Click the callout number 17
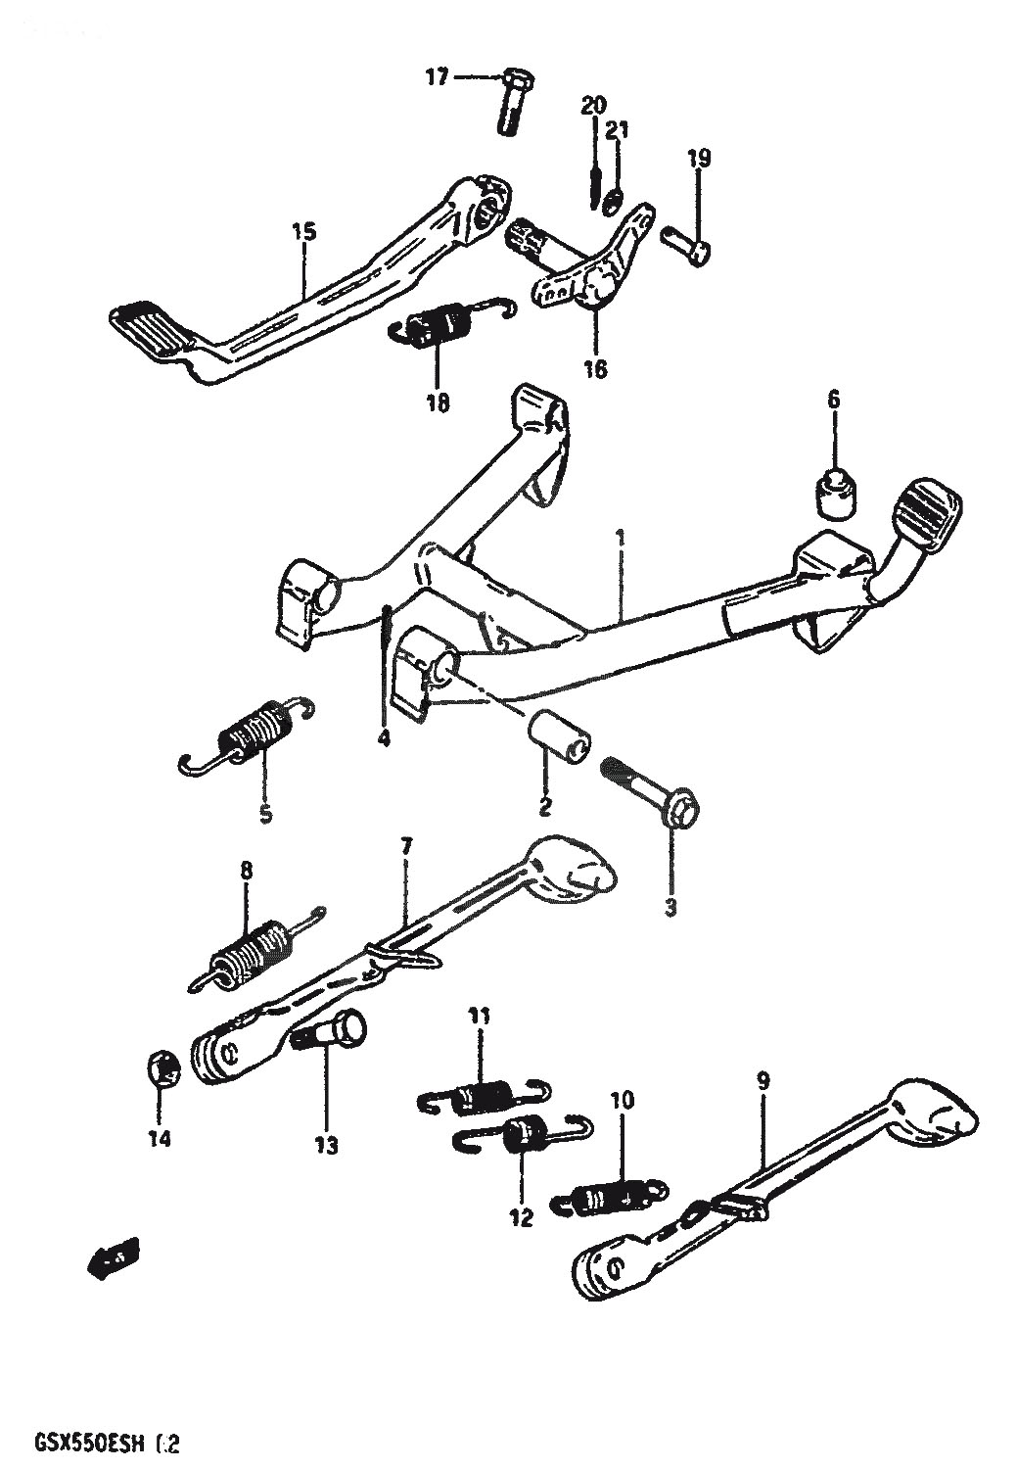pyautogui.click(x=436, y=75)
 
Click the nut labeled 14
pyautogui.click(x=163, y=1066)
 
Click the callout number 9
pyautogui.click(x=763, y=1081)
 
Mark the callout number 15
pyautogui.click(x=303, y=232)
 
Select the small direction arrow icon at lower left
pyautogui.click(x=115, y=1255)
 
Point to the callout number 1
pyautogui.click(x=619, y=538)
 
